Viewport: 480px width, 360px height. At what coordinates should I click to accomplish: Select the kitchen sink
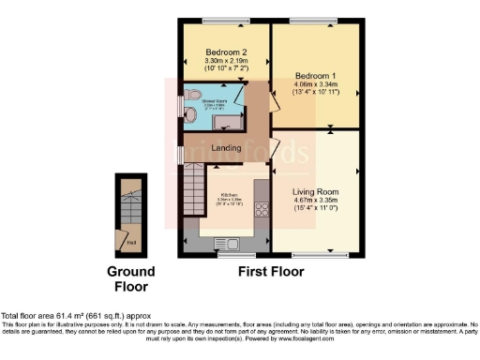pos(229,246)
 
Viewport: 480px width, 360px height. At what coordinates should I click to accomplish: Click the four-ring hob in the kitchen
pos(261,211)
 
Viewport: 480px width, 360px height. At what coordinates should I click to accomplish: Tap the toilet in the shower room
pos(191,94)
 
